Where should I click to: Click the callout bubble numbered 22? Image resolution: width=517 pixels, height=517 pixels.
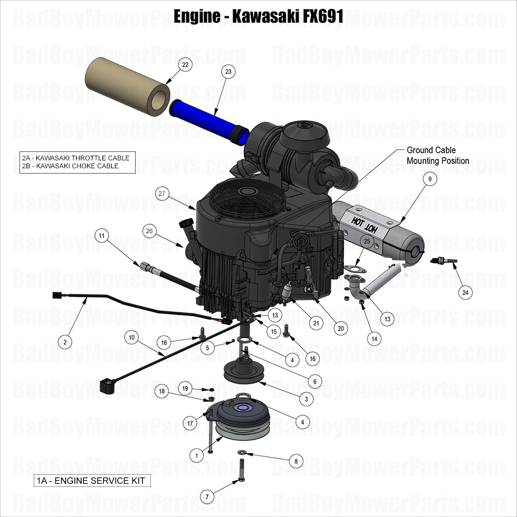(x=185, y=65)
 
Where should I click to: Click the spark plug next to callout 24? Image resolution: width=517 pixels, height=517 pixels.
(x=441, y=260)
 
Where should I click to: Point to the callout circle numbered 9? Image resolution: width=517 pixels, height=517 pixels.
(x=430, y=179)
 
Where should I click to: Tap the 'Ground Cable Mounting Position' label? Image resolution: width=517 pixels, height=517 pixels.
(x=437, y=155)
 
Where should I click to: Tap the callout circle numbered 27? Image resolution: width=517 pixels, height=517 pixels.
(x=162, y=194)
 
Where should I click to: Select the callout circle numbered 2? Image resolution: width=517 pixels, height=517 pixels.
(x=65, y=342)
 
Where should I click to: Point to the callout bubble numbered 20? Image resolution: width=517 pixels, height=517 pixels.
(x=340, y=328)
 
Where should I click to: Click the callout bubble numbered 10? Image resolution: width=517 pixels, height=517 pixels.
(x=132, y=337)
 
